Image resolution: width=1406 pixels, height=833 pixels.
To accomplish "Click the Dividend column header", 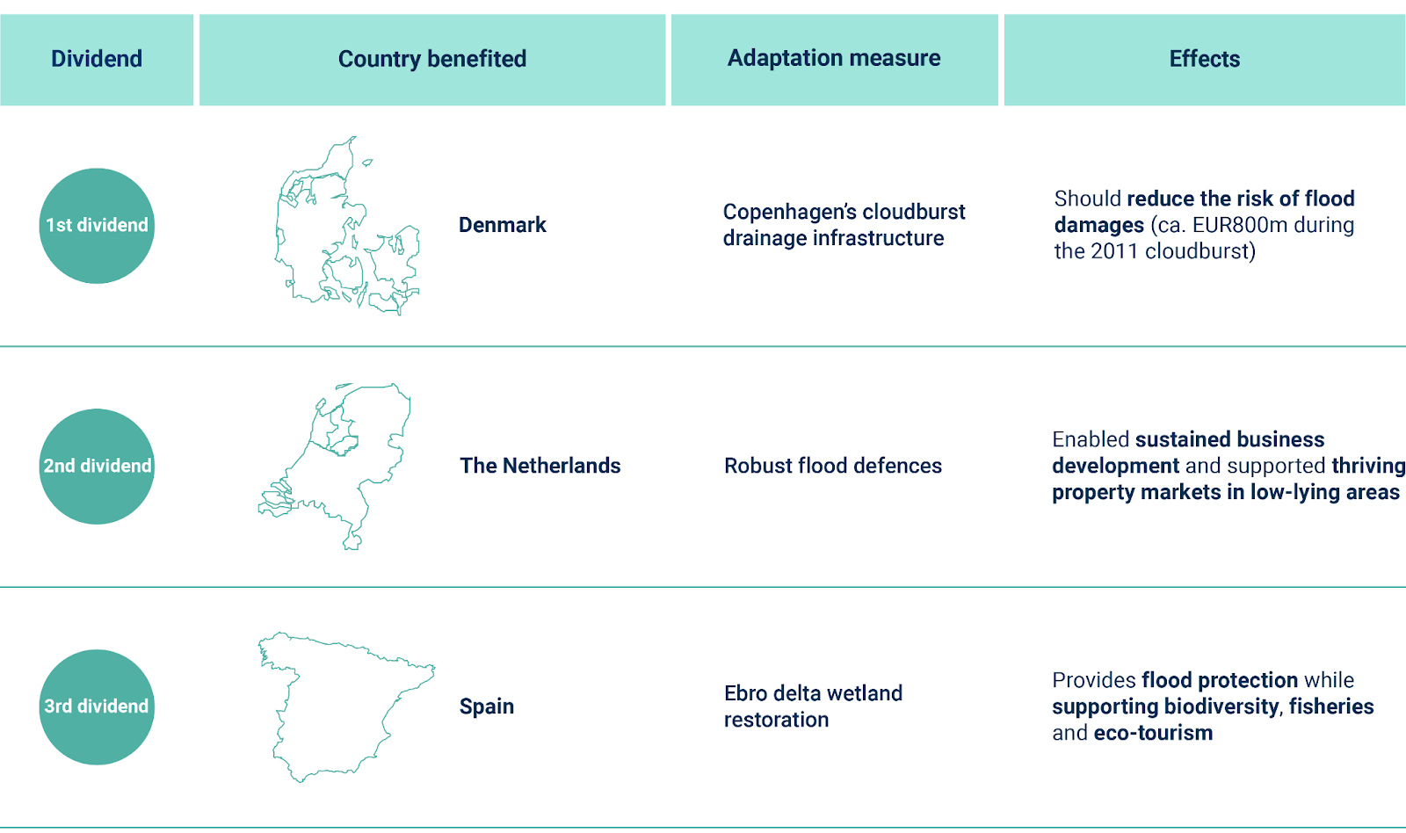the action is pos(97,59).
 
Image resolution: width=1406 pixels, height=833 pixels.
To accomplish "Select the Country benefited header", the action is pos(432,59).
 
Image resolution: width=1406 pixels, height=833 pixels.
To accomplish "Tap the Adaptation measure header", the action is pos(834,58).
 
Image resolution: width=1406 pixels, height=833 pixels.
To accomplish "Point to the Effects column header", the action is pos(1204,59).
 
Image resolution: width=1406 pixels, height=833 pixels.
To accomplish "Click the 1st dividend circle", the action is pos(97,226).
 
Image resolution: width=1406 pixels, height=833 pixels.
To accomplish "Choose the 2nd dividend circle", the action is pos(97,466).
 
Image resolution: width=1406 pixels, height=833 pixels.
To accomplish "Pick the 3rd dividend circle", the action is pos(97,706).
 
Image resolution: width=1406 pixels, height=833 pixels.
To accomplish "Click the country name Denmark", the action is pos(502,225).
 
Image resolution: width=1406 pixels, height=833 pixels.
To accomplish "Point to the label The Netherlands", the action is pos(540,466).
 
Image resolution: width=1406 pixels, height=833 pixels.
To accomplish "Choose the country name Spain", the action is pos(486,706).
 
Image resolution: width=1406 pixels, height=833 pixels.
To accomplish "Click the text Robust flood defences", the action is pos(832,466).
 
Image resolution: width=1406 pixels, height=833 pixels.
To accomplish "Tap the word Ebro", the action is pos(745,693).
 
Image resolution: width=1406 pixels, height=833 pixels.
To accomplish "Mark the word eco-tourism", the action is pos(1153,733).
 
